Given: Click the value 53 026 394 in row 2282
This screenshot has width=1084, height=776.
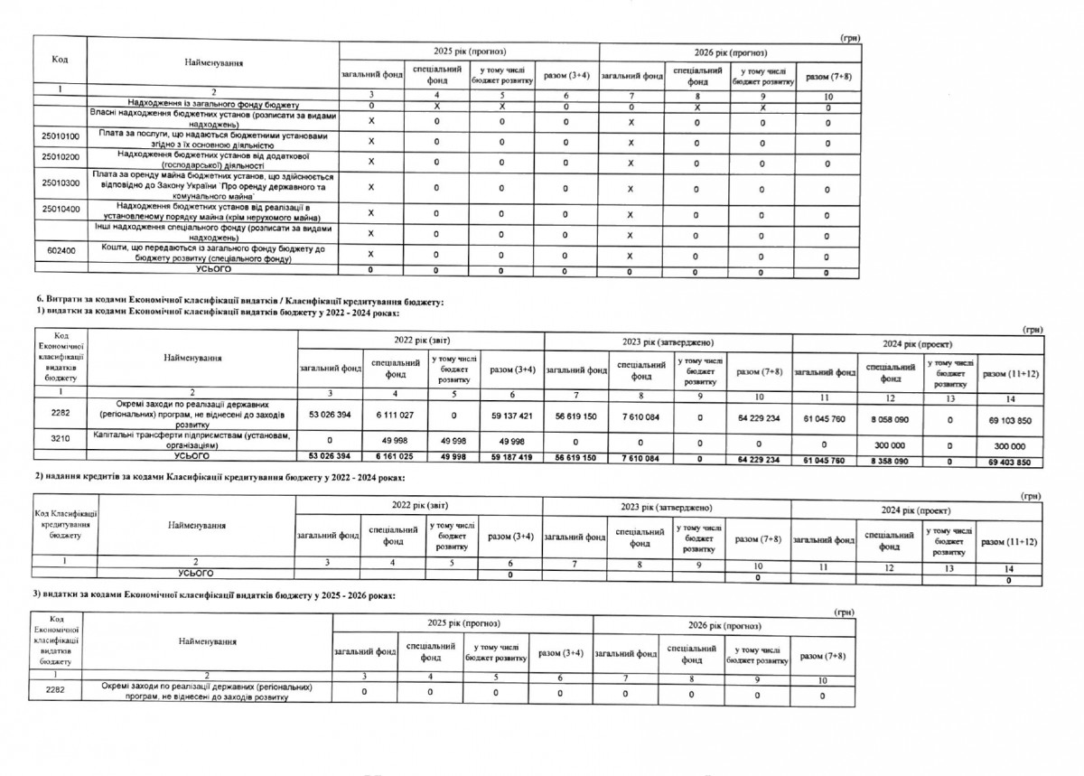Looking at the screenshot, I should (x=329, y=417).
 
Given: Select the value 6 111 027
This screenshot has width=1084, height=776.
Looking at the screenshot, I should (x=392, y=417).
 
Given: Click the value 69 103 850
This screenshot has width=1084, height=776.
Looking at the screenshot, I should (x=1010, y=420).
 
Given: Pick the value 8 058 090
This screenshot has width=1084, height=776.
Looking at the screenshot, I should (x=889, y=419).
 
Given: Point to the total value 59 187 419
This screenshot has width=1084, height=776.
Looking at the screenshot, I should (x=512, y=459).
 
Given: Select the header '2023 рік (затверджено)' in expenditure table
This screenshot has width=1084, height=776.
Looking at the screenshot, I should (x=668, y=342).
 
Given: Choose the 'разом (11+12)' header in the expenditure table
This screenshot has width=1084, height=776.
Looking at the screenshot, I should (x=1010, y=373).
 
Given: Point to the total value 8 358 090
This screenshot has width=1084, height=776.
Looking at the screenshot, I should (x=889, y=462).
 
